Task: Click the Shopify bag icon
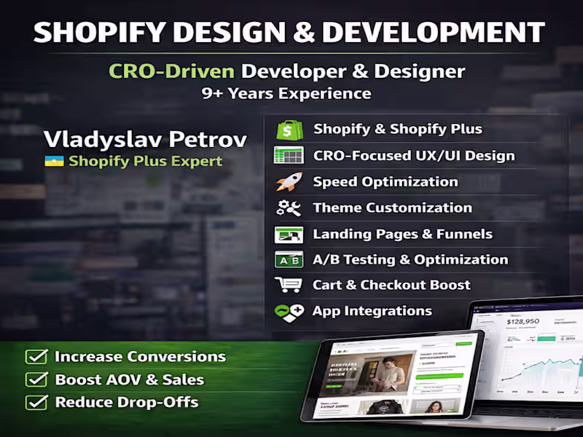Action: [x=289, y=130]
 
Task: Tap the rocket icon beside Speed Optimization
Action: [x=288, y=182]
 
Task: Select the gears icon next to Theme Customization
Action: [x=288, y=208]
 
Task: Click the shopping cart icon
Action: [x=288, y=285]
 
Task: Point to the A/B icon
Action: [x=288, y=260]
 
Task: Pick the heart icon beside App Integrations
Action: [x=289, y=312]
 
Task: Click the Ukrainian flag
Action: [x=53, y=160]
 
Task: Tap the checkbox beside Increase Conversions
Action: [x=36, y=357]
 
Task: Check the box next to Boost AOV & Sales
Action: [x=36, y=379]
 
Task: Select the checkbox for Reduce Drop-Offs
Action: [x=36, y=402]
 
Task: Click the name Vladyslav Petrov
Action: [x=144, y=138]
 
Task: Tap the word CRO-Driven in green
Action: [x=171, y=71]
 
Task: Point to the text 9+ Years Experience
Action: [x=286, y=93]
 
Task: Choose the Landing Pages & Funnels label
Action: [x=402, y=234]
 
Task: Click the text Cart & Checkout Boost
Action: [x=391, y=285]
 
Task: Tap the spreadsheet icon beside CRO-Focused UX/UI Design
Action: [x=288, y=155]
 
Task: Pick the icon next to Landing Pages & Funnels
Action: [x=288, y=235]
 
